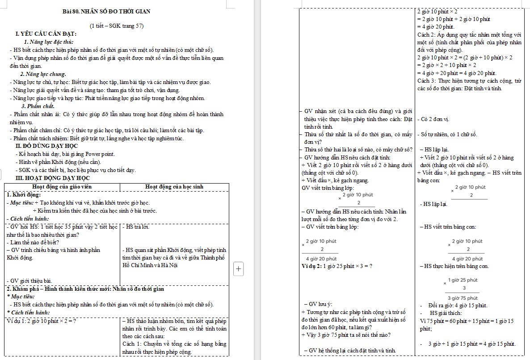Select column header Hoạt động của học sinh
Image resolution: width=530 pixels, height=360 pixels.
point(174,186)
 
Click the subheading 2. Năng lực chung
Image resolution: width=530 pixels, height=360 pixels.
point(43,74)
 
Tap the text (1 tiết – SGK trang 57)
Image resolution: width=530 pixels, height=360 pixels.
point(117,25)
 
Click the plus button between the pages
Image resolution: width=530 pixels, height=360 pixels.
point(239,268)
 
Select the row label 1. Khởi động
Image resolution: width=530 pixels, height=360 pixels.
point(25,195)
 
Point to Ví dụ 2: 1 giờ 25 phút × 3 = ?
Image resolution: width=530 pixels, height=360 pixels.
point(337,267)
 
